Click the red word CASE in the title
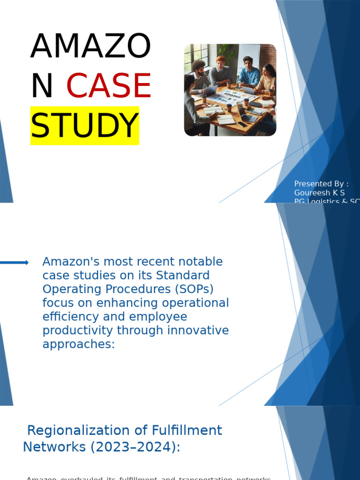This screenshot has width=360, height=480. [109, 86]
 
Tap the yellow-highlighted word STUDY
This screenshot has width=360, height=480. [85, 126]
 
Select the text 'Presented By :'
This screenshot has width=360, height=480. [321, 184]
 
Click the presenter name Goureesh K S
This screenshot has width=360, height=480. [319, 193]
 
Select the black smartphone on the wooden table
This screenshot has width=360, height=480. [241, 124]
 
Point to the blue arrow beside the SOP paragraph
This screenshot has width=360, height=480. [14, 262]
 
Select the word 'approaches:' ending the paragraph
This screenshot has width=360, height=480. [78, 344]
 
